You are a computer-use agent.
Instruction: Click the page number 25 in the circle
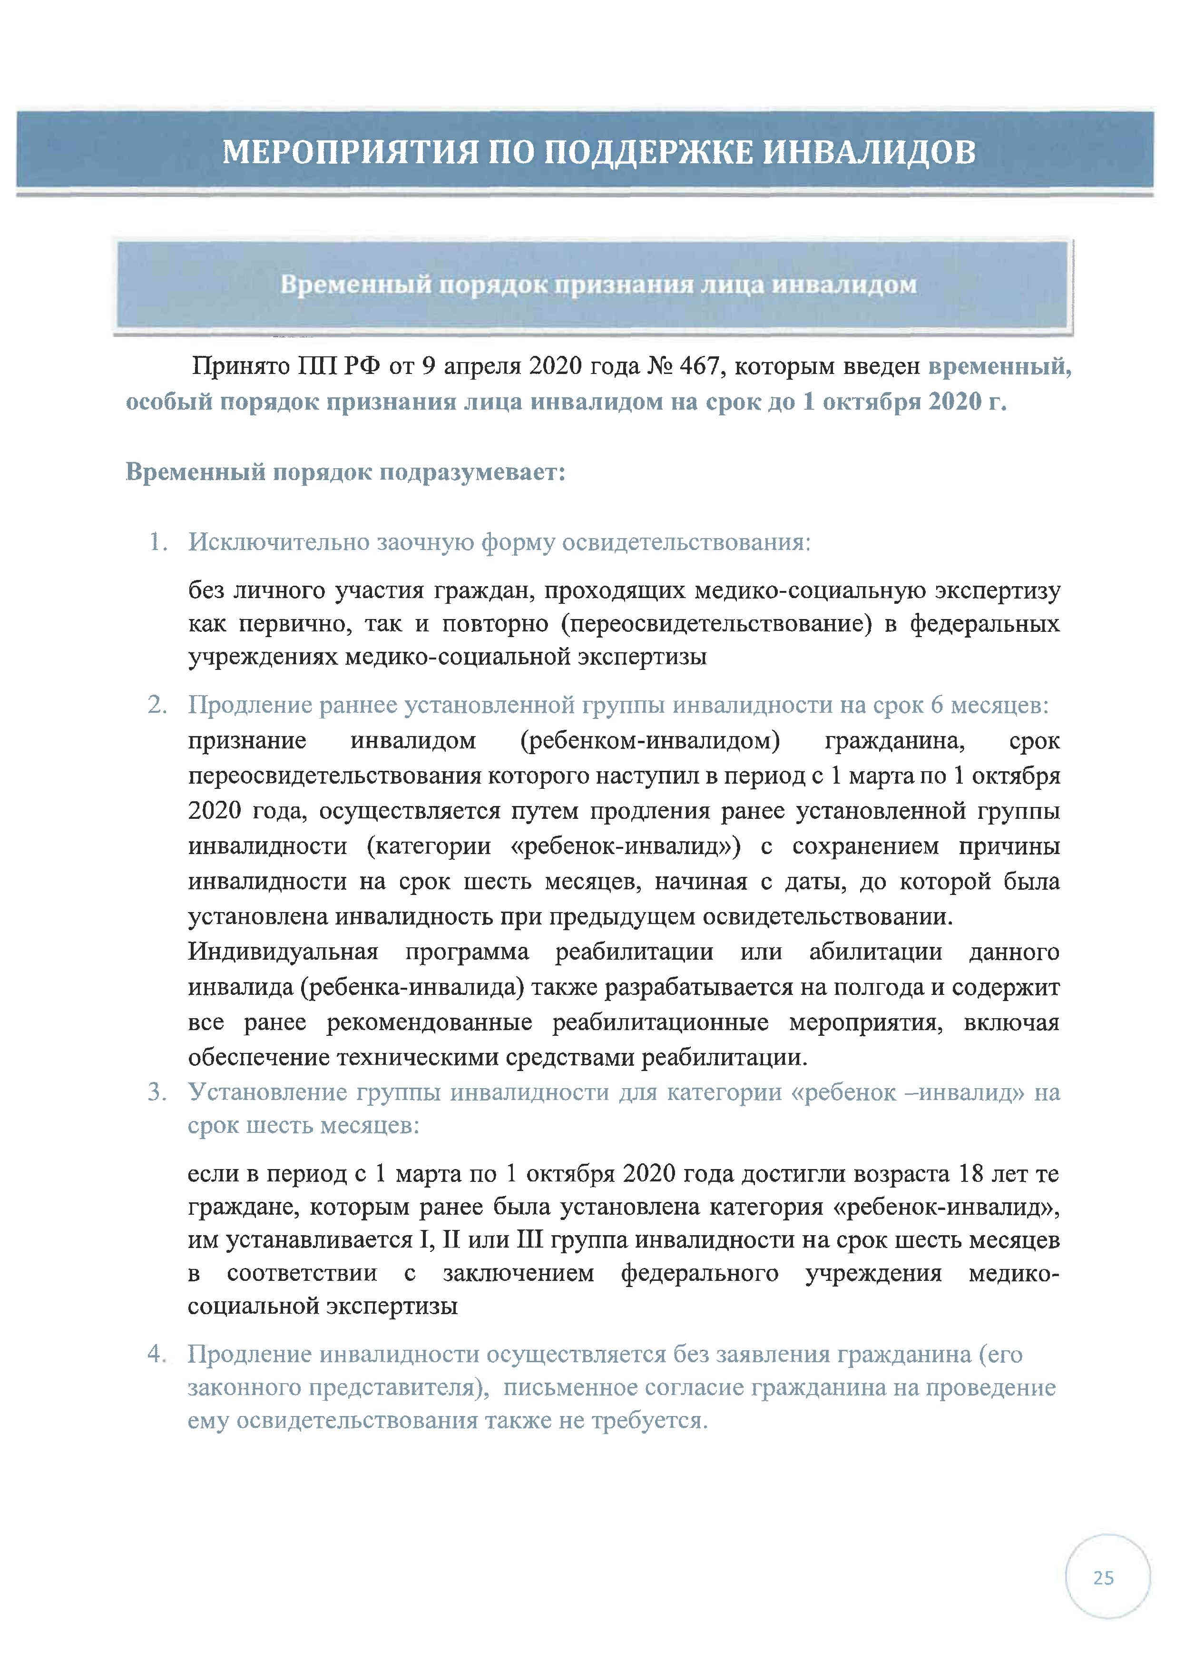(1103, 1578)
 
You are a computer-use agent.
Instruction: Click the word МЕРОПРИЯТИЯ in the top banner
(350, 152)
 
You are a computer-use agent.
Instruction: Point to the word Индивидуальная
(283, 952)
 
